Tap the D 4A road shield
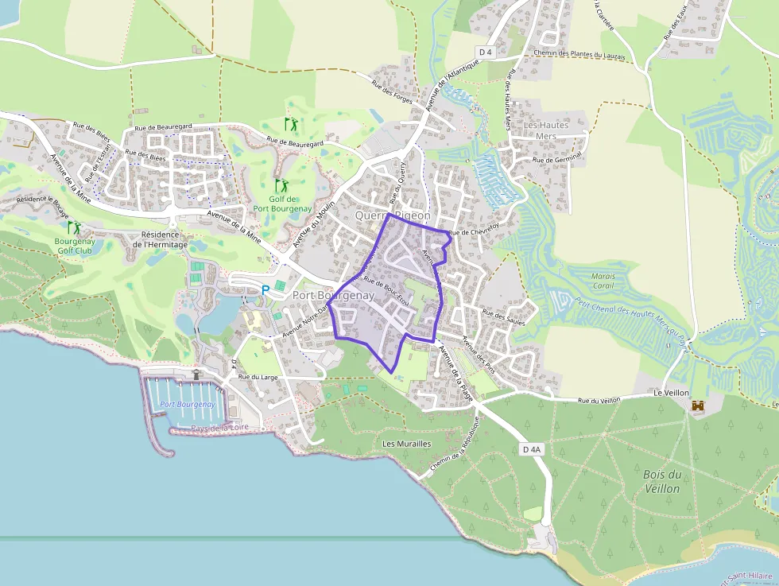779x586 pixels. (x=532, y=449)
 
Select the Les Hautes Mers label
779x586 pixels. (x=546, y=130)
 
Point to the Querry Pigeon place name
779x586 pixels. (x=393, y=215)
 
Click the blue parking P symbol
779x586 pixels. (x=265, y=291)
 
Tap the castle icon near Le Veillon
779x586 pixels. (x=698, y=406)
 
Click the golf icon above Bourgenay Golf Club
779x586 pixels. (x=74, y=228)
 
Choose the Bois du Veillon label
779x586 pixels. (x=662, y=482)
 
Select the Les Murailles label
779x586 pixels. (x=406, y=444)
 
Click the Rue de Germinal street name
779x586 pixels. (x=558, y=160)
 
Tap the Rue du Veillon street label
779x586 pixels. (x=599, y=401)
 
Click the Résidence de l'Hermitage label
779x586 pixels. (x=164, y=239)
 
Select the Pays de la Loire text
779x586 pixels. (x=219, y=429)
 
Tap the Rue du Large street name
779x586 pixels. (x=258, y=377)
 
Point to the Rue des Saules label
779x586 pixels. (x=504, y=318)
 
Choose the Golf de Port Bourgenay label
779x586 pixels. (x=283, y=204)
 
